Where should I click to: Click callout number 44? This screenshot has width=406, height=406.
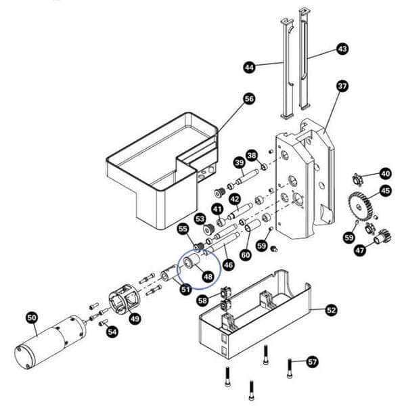[x=249, y=67]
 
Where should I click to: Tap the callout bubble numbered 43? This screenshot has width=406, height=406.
[x=342, y=49]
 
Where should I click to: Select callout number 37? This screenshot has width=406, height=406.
[x=342, y=86]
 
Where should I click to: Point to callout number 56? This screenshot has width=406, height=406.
[x=249, y=99]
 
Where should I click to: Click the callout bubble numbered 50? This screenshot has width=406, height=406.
[x=32, y=317]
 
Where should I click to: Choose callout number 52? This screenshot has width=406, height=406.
[x=331, y=310]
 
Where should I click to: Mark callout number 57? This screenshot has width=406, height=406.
[x=312, y=361]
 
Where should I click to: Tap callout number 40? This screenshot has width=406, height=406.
[x=385, y=173]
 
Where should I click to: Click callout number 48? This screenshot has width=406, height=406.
[x=207, y=276]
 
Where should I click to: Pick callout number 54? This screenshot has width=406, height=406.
[x=112, y=332]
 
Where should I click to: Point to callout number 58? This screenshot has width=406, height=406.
[x=202, y=300]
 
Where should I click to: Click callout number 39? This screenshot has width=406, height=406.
[x=238, y=162]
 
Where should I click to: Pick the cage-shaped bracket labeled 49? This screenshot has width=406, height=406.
[x=125, y=300]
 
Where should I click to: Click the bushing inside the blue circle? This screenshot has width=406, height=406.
[x=192, y=263]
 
